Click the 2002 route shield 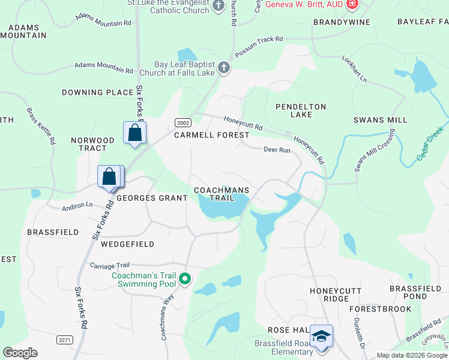(182, 122)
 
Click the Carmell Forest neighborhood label (211, 135)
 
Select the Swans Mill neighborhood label (380, 120)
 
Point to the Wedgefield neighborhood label (127, 244)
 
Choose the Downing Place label (97, 92)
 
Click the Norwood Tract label (92, 144)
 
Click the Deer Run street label (277, 150)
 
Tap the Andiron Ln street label (77, 206)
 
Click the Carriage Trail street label (109, 265)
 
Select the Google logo (20, 353)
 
